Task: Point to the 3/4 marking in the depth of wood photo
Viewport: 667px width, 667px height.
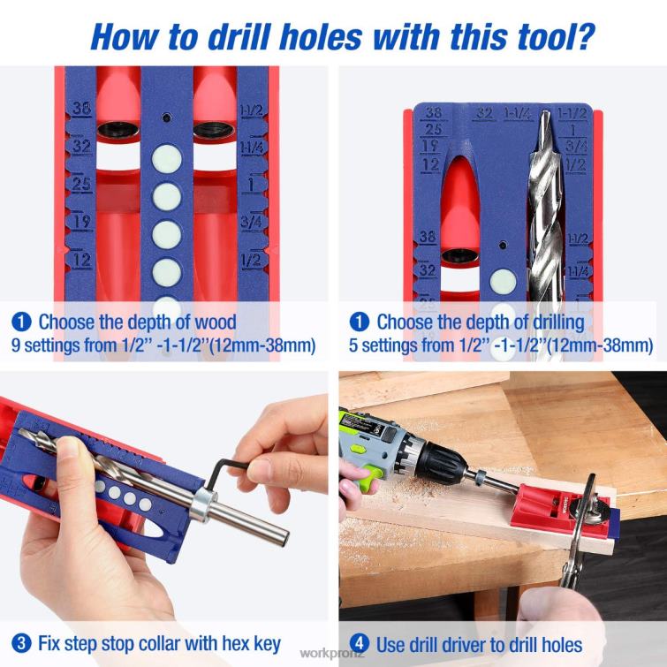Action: (x=251, y=223)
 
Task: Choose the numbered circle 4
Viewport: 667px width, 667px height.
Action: (x=359, y=643)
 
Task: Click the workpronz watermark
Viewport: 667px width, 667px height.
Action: (x=332, y=654)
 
